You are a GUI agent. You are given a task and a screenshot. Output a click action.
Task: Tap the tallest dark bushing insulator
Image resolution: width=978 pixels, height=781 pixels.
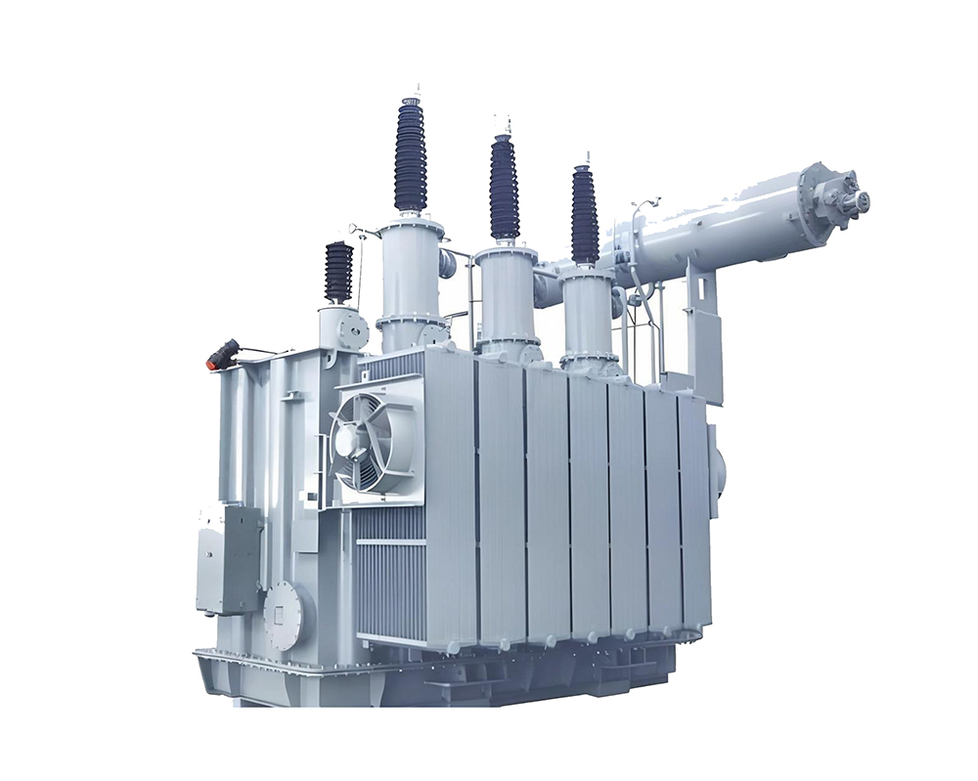click(411, 156)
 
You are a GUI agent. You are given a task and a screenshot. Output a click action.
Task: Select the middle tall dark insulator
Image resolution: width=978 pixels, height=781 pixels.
click(504, 189)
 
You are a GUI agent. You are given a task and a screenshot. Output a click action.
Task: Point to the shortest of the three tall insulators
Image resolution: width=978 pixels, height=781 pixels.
click(584, 215)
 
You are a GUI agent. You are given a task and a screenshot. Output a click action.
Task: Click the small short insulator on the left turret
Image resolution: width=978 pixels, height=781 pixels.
click(338, 272)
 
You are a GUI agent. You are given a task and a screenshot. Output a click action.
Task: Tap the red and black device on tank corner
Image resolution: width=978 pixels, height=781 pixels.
click(221, 354)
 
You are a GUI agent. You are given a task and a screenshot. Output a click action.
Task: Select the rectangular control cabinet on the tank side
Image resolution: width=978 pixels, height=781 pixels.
click(228, 557)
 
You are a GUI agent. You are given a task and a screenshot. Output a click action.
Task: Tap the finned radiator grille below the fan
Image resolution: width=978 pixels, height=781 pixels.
click(389, 577)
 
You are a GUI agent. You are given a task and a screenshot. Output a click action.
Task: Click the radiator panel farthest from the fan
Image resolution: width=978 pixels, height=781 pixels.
click(693, 508)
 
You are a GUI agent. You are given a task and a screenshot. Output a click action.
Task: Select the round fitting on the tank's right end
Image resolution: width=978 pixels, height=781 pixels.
click(719, 469)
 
